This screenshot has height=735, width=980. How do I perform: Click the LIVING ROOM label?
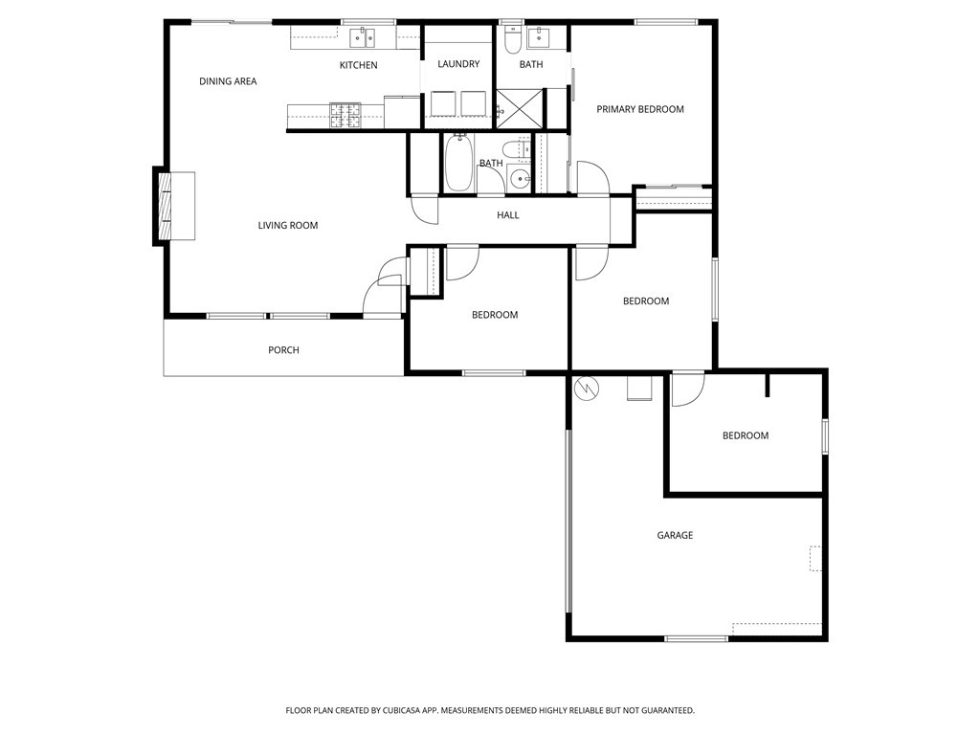click(287, 225)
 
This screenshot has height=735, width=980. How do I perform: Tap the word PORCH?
click(283, 350)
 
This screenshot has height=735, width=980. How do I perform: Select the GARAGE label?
click(675, 535)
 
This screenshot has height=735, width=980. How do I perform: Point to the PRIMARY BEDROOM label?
click(640, 109)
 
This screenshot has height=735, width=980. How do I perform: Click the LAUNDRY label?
click(458, 64)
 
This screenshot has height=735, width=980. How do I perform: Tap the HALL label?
click(508, 215)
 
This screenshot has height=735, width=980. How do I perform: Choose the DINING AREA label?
click(228, 81)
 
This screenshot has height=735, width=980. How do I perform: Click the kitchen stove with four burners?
click(345, 116)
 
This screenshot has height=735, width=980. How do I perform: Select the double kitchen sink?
click(362, 38)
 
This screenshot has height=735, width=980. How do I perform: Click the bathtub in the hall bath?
click(458, 163)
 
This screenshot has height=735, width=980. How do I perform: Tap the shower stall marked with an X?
click(520, 108)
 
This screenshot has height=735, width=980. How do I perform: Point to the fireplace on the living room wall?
click(175, 206)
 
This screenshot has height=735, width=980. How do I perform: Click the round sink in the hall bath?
click(519, 179)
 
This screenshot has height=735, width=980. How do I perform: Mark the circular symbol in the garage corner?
click(587, 389)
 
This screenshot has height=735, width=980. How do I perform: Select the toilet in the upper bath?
click(512, 40)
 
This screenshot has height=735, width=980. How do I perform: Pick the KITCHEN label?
click(359, 65)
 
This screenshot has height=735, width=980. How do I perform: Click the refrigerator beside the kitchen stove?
click(401, 113)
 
